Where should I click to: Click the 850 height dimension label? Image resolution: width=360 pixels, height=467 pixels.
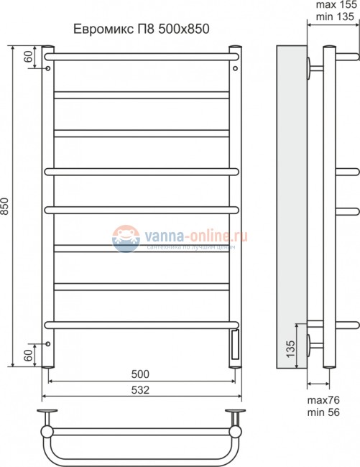click(7, 206)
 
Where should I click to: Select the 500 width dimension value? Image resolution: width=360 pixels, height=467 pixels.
click(141, 374)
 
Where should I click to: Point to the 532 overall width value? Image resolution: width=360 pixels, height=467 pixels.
click(141, 389)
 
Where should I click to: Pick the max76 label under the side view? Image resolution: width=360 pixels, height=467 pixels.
click(325, 399)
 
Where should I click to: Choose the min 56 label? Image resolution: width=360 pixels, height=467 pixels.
click(326, 412)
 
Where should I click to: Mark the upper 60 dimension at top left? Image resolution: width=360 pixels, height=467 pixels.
click(28, 58)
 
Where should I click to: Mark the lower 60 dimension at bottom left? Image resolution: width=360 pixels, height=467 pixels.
click(28, 354)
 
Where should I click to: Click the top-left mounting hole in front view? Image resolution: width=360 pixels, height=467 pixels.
click(47, 69)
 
